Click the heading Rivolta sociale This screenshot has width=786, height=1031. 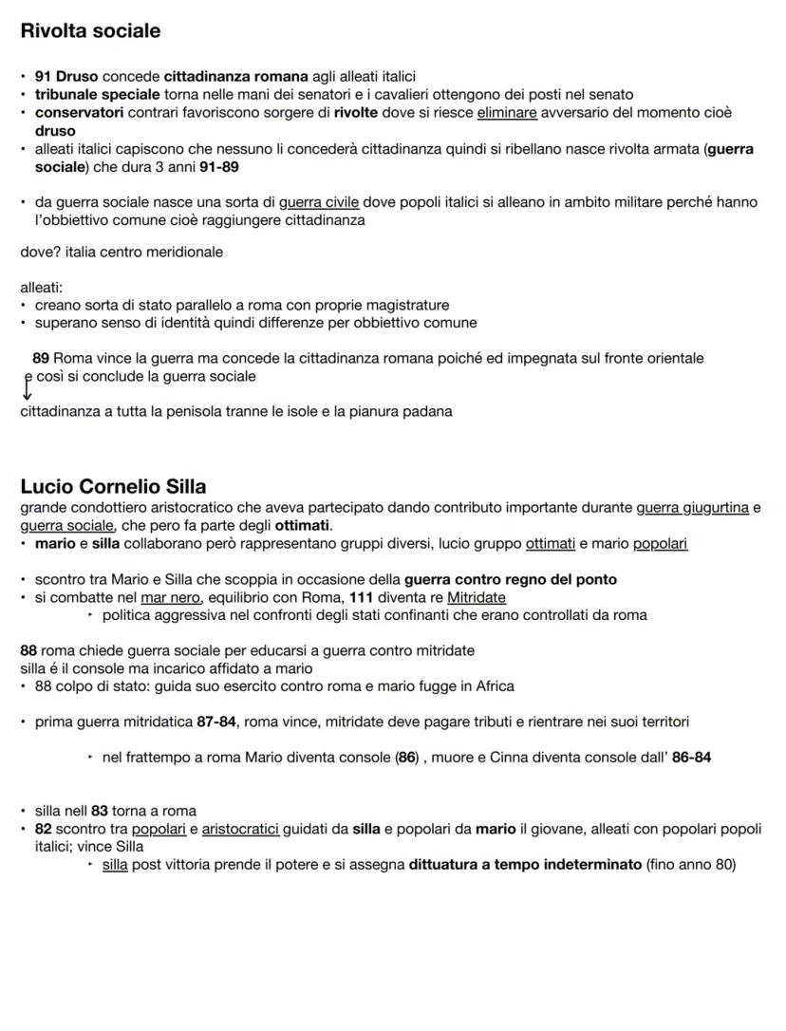pos(90,31)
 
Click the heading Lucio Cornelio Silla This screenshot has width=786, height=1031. pos(113,487)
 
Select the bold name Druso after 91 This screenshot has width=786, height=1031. pos(76,76)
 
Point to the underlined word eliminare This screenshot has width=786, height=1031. pos(506,112)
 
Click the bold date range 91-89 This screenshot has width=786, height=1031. pos(219,166)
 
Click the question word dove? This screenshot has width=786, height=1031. pos(41,253)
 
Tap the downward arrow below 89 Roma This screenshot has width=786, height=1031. pos(27,387)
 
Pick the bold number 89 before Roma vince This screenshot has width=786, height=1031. pos(41,358)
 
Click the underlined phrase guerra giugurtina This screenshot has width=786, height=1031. pos(692,508)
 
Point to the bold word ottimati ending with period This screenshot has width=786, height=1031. pos(302,525)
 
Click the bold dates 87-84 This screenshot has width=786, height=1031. pos(217,722)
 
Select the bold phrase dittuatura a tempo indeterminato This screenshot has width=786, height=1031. pos(525,865)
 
